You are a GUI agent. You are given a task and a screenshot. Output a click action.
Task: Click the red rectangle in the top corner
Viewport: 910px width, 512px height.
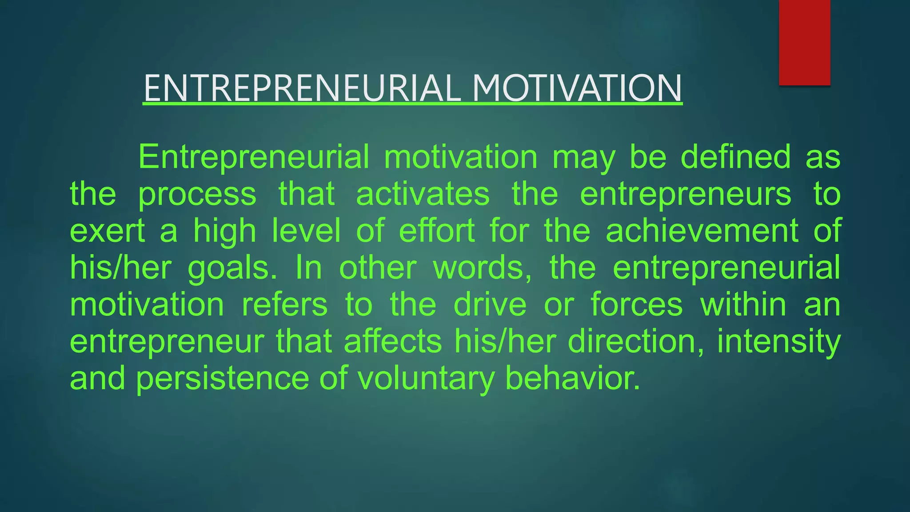(x=804, y=42)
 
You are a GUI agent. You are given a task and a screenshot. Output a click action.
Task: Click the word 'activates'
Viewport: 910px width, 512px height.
(x=423, y=194)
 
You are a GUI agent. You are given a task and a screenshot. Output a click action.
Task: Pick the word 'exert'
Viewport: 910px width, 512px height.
(x=108, y=231)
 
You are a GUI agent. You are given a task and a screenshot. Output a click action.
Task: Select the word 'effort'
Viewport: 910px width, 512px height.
(x=437, y=231)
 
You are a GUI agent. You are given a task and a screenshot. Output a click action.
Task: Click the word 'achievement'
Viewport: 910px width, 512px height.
(x=702, y=231)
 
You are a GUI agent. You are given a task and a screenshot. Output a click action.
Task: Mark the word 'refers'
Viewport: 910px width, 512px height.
(x=284, y=305)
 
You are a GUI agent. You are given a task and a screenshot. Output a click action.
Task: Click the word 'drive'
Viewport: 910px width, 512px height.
(x=490, y=305)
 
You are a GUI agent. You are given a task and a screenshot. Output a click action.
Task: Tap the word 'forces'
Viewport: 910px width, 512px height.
(x=636, y=305)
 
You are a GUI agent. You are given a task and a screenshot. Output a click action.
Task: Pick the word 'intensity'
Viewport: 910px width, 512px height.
(x=778, y=342)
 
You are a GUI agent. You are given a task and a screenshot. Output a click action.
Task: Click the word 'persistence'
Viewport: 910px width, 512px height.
(x=222, y=379)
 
